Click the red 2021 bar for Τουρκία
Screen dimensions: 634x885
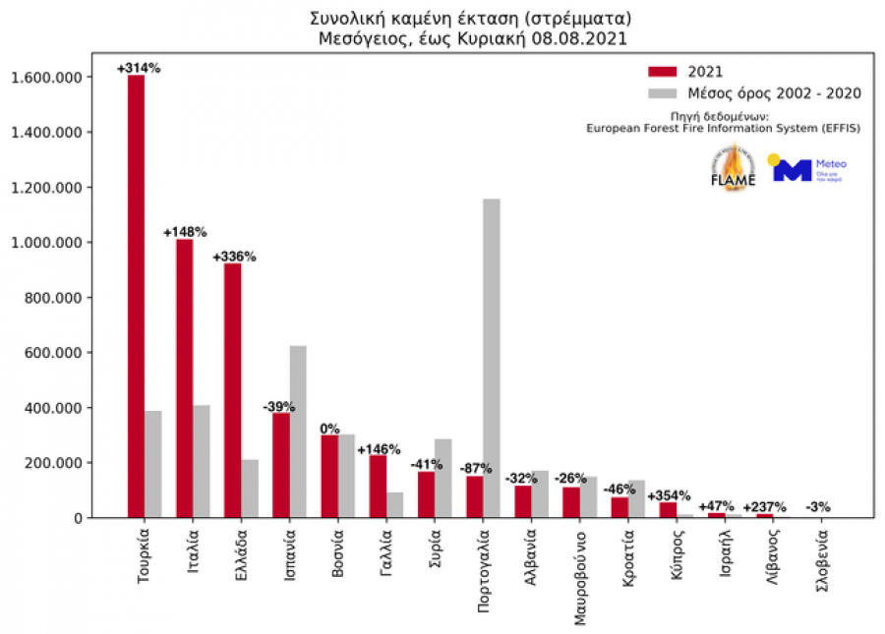(x=136, y=295)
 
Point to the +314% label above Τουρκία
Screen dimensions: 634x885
(x=138, y=68)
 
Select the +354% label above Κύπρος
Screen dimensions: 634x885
(x=669, y=495)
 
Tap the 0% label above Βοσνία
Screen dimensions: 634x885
(x=330, y=429)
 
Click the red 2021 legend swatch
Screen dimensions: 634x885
(x=664, y=71)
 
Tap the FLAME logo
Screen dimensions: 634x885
(x=733, y=168)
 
